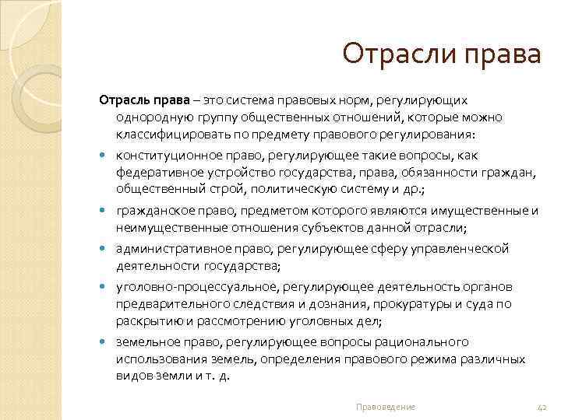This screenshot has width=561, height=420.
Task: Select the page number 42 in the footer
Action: pos(544,407)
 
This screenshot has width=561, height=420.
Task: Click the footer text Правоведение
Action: pos(385,407)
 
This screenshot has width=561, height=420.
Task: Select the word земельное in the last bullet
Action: pos(144,341)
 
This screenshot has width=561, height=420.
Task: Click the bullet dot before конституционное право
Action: pos(105,156)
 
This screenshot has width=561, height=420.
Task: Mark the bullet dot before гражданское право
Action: pos(105,212)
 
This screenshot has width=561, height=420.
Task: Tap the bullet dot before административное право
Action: pos(105,249)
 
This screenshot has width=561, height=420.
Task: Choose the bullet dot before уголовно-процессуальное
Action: pos(105,287)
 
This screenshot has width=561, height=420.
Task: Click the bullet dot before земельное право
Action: pos(105,342)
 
